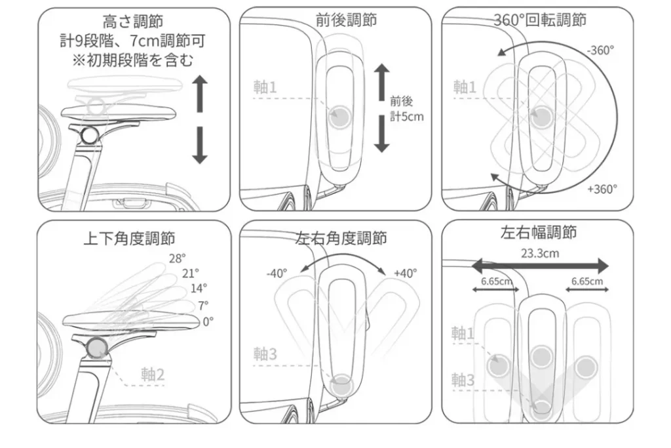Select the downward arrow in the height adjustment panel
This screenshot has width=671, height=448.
point(201,146)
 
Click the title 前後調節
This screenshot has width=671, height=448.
point(346,20)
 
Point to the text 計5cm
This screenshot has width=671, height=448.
point(407,117)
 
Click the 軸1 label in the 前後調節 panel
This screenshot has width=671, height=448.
point(265,87)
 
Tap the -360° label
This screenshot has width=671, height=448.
point(600,50)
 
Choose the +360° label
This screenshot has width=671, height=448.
point(602,189)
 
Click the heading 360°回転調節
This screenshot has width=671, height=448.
point(540,20)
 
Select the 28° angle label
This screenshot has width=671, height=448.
point(177,258)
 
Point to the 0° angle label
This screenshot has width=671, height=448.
point(208,321)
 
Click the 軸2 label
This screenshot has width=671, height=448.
point(153,375)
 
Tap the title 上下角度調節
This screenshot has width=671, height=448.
point(129,237)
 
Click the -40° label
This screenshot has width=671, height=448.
point(277,274)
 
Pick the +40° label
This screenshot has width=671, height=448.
point(405,274)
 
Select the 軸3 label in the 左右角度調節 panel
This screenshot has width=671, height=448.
point(265,354)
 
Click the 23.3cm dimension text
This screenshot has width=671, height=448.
point(540,254)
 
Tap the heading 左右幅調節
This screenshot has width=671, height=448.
point(538,233)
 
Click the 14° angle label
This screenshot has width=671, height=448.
point(199,288)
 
